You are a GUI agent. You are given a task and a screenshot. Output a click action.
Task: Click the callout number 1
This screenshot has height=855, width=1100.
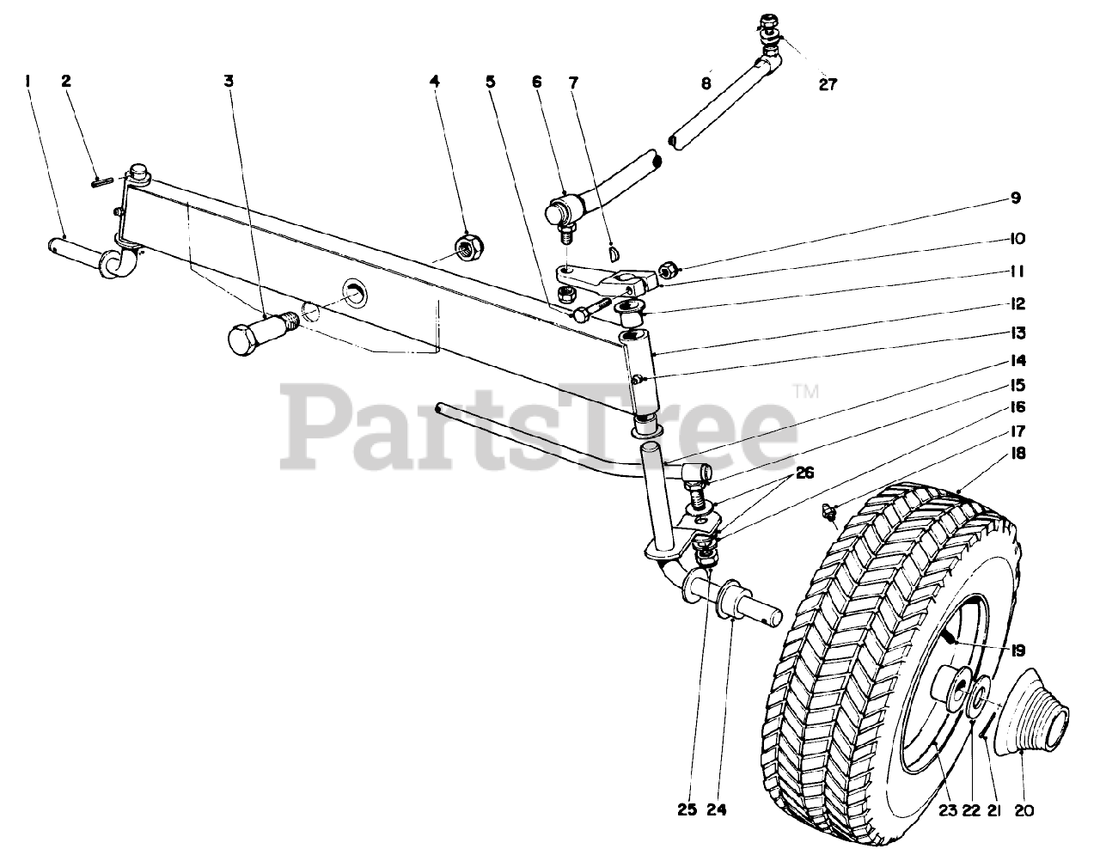(x=28, y=81)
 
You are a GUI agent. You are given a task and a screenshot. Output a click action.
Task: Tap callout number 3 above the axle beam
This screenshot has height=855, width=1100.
(x=229, y=81)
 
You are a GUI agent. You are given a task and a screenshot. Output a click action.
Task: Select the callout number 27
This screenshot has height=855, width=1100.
(x=827, y=84)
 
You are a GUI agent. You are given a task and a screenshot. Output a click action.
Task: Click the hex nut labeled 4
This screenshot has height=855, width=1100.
(x=468, y=248)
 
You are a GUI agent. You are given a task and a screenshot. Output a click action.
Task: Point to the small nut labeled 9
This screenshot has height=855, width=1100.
(x=666, y=271)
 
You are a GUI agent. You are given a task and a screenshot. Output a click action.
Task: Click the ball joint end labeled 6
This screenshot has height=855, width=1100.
(x=564, y=210)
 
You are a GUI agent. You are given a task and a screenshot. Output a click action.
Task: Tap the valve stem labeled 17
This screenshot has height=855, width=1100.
(x=828, y=510)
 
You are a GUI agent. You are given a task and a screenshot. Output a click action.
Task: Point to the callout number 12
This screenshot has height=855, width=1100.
(x=1017, y=303)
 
